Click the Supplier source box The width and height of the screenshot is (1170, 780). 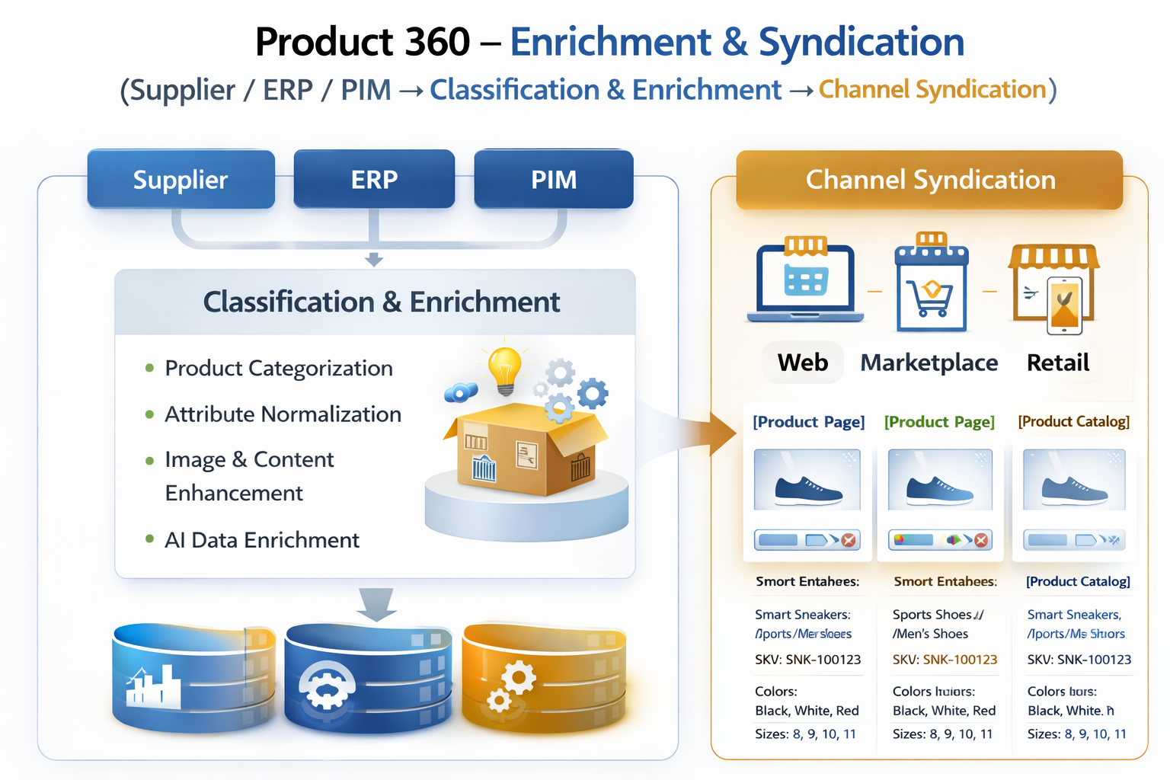(x=181, y=180)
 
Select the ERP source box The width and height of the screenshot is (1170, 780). (x=374, y=180)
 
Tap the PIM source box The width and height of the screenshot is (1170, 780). (x=554, y=180)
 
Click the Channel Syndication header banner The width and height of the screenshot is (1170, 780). (x=929, y=180)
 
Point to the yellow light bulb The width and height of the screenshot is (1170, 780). (x=504, y=369)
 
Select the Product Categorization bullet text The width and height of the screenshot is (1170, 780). (x=279, y=369)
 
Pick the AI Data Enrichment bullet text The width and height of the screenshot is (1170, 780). (x=262, y=540)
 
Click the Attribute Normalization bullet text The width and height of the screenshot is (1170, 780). (x=283, y=414)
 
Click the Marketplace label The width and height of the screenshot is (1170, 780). (x=929, y=363)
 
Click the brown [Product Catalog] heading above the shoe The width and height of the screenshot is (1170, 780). (x=1073, y=422)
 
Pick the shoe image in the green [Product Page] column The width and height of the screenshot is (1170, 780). (x=939, y=480)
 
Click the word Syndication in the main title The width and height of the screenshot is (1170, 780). (x=862, y=42)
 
